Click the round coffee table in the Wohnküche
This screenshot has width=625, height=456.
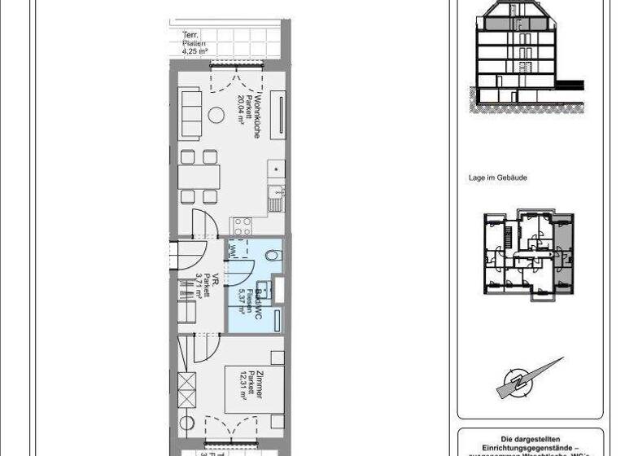point(217,114)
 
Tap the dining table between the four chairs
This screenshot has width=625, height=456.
point(199,176)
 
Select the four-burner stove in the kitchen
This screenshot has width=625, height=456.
point(242,226)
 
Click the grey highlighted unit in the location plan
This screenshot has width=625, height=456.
point(561,236)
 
